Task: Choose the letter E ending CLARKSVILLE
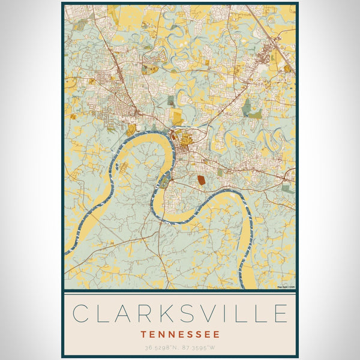point(279,313)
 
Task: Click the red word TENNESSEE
point(180,334)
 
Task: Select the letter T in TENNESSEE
point(143,334)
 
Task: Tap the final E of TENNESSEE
point(217,334)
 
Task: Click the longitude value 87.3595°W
point(199,347)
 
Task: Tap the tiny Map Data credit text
point(286,287)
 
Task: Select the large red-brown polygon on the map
point(200,178)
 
